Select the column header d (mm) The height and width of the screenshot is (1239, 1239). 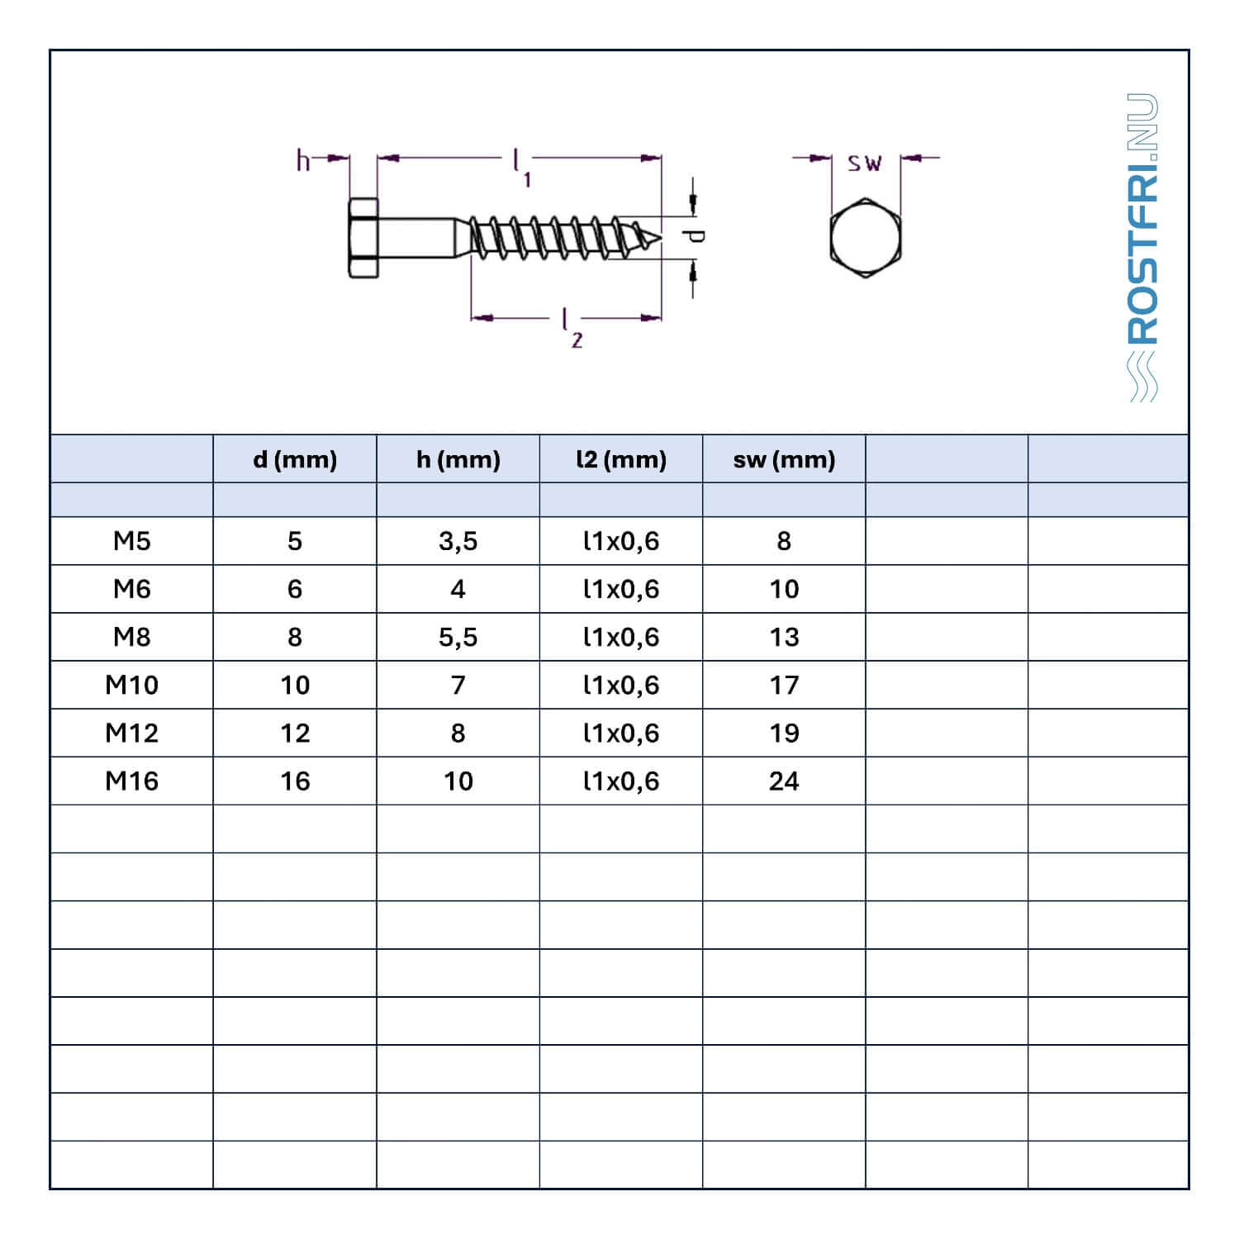[x=295, y=459]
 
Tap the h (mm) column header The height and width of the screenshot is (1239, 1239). [x=458, y=459]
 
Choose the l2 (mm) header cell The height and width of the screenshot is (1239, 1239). [x=621, y=459]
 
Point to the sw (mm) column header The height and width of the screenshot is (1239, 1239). [x=784, y=459]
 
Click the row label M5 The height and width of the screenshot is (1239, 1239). [x=132, y=541]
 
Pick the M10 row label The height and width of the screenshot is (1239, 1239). [x=132, y=685]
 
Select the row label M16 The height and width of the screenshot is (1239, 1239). [x=132, y=781]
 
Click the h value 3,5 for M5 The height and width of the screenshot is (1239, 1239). [x=458, y=542]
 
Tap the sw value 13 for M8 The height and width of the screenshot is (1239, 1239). [x=784, y=637]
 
